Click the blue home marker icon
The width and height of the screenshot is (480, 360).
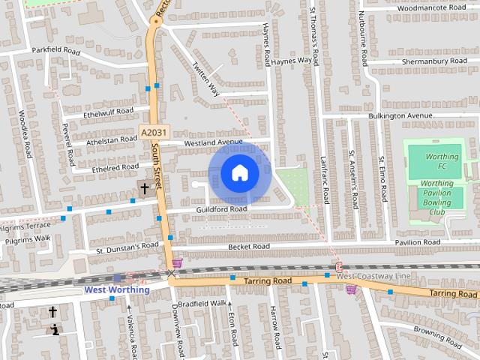(x=239, y=173)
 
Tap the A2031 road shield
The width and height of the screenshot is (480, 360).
(x=149, y=132)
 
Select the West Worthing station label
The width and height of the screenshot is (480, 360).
(x=116, y=289)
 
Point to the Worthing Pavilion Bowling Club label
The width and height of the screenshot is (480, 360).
(x=436, y=197)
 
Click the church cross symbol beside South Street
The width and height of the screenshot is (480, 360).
(x=143, y=188)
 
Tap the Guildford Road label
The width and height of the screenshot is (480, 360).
(x=222, y=208)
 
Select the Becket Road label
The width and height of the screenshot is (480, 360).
(x=250, y=246)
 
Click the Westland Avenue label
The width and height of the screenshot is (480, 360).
(x=214, y=142)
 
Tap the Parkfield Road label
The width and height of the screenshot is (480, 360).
(x=55, y=51)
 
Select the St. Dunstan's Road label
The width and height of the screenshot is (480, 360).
(x=127, y=246)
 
